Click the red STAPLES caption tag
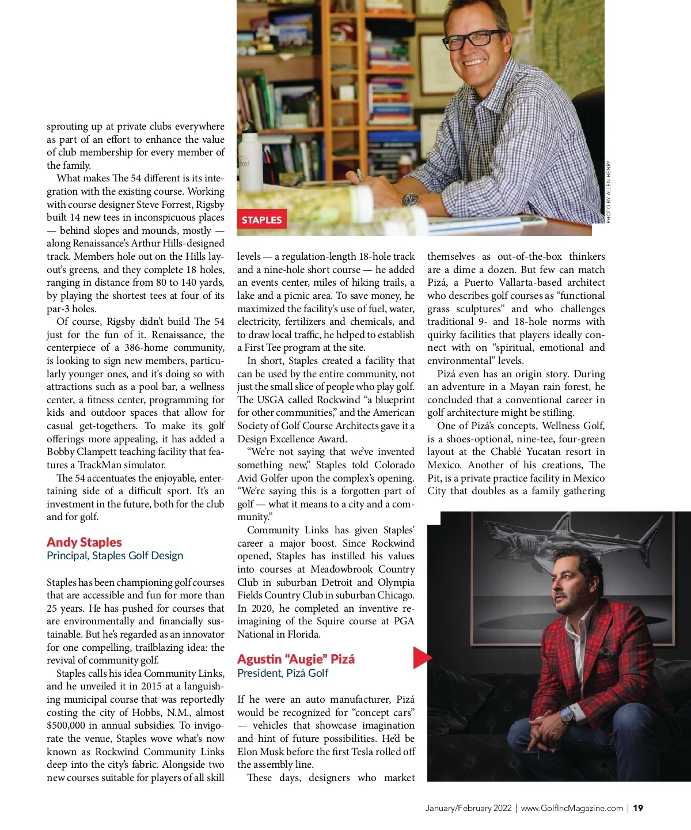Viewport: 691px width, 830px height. click(x=261, y=220)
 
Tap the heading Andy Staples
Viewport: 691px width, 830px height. click(x=84, y=542)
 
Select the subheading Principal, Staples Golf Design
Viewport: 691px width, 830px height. click(x=115, y=556)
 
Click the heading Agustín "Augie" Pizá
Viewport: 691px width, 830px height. click(x=296, y=659)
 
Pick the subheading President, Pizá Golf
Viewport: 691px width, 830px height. click(x=283, y=673)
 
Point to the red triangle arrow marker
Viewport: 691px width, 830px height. click(x=422, y=658)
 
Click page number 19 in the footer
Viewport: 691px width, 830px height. click(x=638, y=808)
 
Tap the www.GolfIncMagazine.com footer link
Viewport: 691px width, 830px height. click(x=572, y=808)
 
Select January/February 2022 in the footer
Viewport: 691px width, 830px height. click(x=468, y=808)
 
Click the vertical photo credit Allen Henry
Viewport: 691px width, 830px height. click(x=609, y=192)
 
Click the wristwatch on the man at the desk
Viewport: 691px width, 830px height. click(x=411, y=199)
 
